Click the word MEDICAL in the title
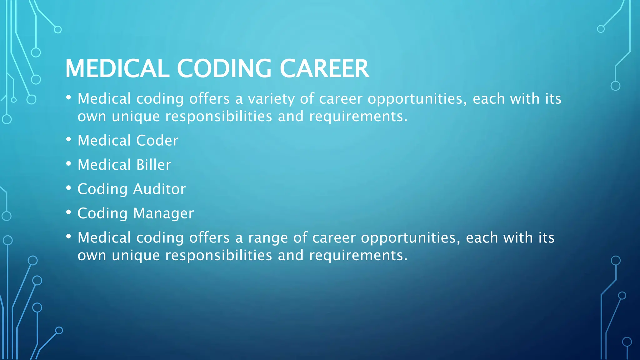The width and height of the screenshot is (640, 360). click(117, 68)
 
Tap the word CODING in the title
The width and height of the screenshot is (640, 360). click(224, 68)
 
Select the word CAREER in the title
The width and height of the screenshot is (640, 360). click(324, 68)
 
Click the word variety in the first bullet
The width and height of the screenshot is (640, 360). click(271, 99)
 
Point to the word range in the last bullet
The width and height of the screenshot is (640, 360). click(267, 238)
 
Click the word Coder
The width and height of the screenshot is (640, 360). click(157, 141)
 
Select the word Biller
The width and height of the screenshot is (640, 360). click(154, 165)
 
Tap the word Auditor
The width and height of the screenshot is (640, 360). click(159, 189)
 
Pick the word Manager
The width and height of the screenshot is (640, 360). click(163, 214)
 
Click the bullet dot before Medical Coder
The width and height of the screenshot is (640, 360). click(69, 139)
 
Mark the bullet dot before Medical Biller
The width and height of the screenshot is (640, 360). click(69, 164)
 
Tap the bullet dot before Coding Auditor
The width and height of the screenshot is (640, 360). click(69, 188)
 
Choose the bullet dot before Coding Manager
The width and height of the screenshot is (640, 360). click(69, 212)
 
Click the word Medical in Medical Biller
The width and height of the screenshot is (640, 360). click(104, 165)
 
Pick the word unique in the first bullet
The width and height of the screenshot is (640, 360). click(136, 117)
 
